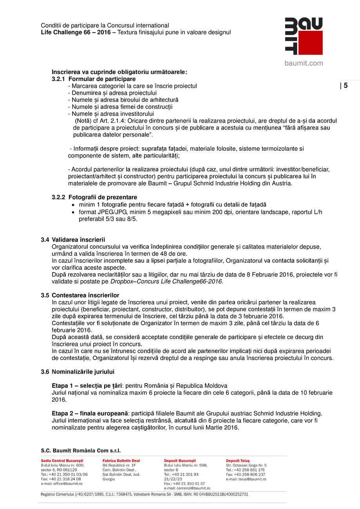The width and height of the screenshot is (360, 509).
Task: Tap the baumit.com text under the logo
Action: point(304,63)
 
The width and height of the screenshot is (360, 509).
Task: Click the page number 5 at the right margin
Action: point(346,86)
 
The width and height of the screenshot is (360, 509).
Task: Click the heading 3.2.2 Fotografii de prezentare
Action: point(94,197)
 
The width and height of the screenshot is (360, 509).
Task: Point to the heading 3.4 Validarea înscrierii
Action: point(73,240)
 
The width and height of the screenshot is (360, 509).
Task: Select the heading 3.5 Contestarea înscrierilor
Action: point(80,295)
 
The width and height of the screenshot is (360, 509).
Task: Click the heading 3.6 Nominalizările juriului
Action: point(78,372)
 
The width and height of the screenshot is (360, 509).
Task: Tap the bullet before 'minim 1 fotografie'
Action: point(73,205)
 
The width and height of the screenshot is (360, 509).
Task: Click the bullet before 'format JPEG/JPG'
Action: point(73,212)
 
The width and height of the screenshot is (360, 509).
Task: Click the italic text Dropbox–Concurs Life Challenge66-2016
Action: point(166,282)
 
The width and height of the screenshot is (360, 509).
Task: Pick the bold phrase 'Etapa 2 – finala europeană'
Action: point(90,413)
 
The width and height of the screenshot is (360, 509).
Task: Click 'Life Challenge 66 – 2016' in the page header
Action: point(76,32)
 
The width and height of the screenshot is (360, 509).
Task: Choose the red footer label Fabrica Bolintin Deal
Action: point(121,461)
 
